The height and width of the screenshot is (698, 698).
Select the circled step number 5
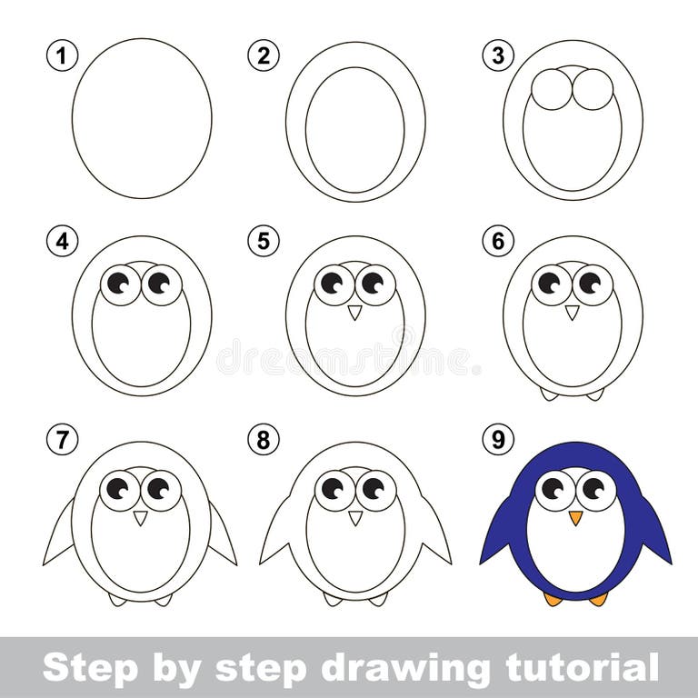pyautogui.click(x=263, y=242)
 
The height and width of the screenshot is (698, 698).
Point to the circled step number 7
pyautogui.click(x=62, y=441)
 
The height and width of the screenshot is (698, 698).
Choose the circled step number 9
pyautogui.click(x=497, y=441)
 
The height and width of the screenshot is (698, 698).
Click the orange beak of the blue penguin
pyautogui.click(x=575, y=517)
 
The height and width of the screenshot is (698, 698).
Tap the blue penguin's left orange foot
pyautogui.click(x=553, y=599)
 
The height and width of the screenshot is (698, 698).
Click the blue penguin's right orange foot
pyautogui.click(x=597, y=599)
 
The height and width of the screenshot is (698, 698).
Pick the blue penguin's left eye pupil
pyautogui.click(x=553, y=488)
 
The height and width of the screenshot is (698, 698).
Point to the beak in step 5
pyautogui.click(x=355, y=312)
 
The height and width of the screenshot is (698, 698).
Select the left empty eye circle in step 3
pyautogui.click(x=552, y=90)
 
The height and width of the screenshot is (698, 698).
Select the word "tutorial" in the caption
pyautogui.click(x=577, y=668)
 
